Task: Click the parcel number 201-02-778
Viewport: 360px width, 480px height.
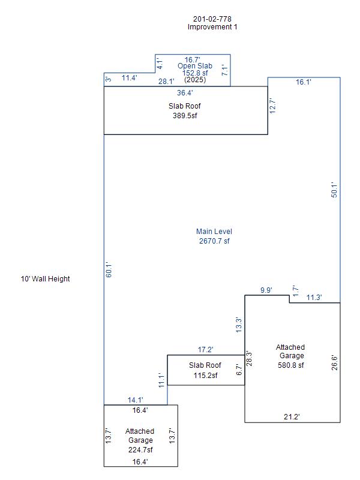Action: (x=212, y=19)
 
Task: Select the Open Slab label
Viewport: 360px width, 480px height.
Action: (x=195, y=66)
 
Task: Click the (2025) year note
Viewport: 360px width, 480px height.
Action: (x=194, y=79)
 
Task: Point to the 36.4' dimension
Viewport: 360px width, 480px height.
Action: (x=185, y=93)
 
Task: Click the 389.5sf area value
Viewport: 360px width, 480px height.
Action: (x=185, y=115)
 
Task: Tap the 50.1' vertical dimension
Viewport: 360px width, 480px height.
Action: (x=335, y=190)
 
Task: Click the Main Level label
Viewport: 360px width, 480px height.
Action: (x=214, y=232)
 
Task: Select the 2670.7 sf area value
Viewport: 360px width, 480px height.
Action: (x=214, y=241)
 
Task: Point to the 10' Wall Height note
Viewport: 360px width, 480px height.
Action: (x=45, y=279)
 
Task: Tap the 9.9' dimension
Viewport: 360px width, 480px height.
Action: (x=266, y=290)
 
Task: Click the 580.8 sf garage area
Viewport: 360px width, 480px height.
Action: (x=290, y=365)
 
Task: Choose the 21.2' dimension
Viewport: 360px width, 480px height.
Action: (x=292, y=416)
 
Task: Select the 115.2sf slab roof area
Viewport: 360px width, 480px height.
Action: (x=205, y=376)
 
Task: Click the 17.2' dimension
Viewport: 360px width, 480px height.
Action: (x=205, y=349)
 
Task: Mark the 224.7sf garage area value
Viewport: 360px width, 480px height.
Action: (x=140, y=450)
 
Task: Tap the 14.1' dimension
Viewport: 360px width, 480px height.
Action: (x=136, y=400)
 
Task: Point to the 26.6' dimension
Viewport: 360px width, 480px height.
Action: (x=335, y=362)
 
